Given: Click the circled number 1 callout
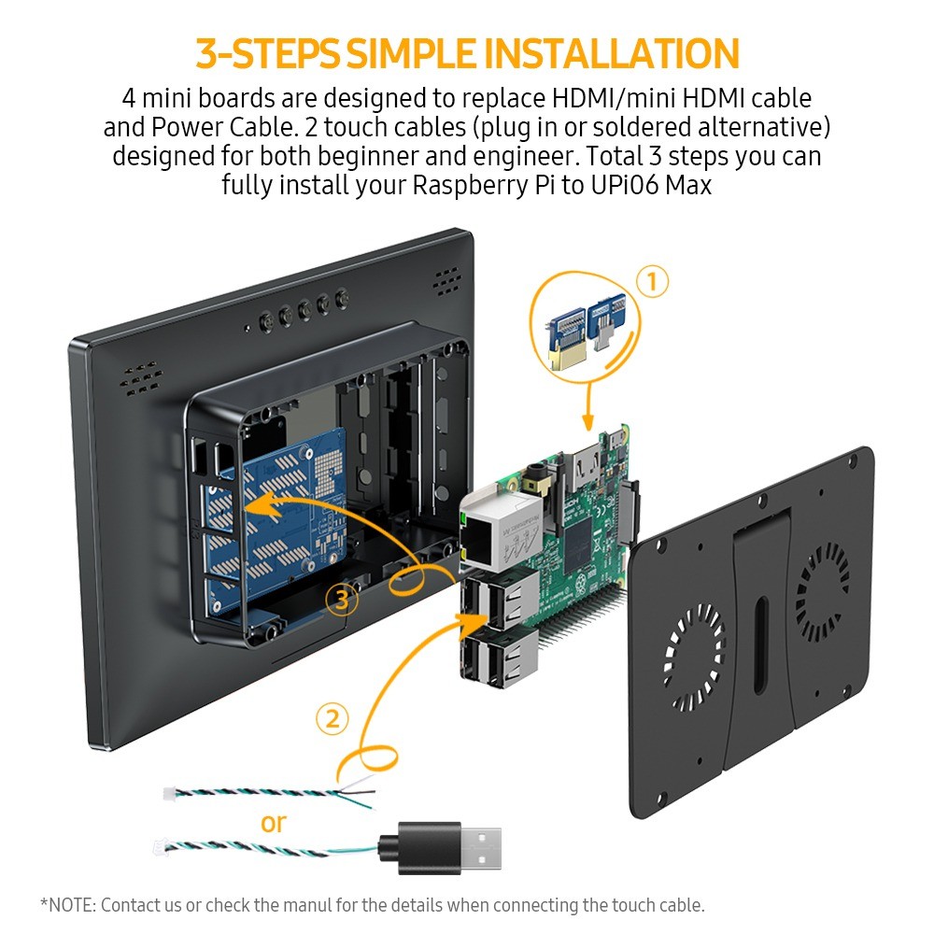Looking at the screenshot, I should pos(652,281).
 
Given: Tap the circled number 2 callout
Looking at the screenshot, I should pos(332,719).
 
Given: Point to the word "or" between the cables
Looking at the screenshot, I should pos(274,823).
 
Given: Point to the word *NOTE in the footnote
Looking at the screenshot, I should pos(67,905).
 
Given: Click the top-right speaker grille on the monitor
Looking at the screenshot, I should pos(446,277).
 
